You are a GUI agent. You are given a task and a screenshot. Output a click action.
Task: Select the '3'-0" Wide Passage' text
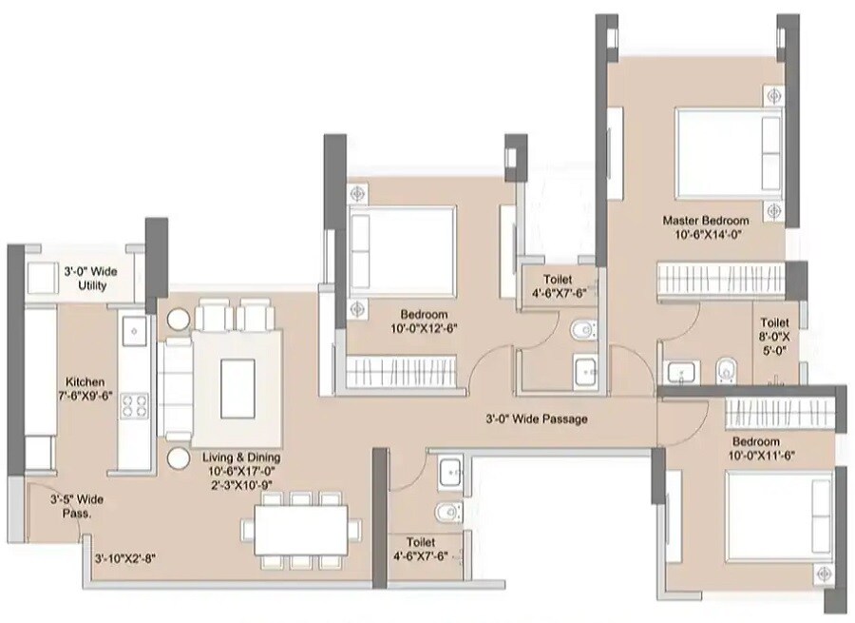tap(537, 419)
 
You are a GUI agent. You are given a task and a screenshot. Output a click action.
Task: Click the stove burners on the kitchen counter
tap(134, 406)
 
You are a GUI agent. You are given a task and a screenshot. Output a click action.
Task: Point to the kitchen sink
tap(133, 330)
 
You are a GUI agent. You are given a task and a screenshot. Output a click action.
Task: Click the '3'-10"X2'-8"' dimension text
tap(124, 559)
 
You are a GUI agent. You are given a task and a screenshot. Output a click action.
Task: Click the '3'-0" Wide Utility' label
tap(85, 278)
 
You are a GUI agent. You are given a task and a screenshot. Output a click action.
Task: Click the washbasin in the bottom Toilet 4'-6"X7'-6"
tap(451, 469)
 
